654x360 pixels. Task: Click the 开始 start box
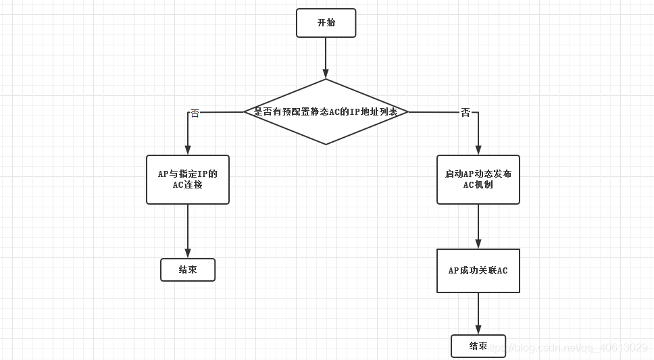pos(326,23)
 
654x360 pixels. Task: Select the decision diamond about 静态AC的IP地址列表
pos(326,112)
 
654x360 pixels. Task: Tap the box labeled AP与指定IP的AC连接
pos(188,180)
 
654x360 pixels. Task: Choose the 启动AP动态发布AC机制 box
pos(478,180)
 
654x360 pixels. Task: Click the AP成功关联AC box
pos(478,271)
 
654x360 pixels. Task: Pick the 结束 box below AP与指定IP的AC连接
pos(188,270)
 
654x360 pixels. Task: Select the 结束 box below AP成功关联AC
pos(478,346)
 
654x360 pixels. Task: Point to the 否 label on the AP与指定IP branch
pos(195,113)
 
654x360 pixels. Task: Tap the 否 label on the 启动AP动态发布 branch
pos(466,113)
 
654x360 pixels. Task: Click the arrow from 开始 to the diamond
pos(326,57)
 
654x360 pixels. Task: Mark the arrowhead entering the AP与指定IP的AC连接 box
pos(188,151)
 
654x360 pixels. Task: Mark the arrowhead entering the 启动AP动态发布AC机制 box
pos(478,151)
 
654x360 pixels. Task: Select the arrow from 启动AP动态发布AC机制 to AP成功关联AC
pos(478,226)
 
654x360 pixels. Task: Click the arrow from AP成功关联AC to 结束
pos(478,313)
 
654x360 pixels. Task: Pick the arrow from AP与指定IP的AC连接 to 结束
pos(188,231)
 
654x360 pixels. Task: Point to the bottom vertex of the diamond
pos(326,144)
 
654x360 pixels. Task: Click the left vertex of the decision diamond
pos(245,112)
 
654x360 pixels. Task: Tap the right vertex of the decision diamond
pos(407,112)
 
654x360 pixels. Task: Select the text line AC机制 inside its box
pos(478,185)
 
